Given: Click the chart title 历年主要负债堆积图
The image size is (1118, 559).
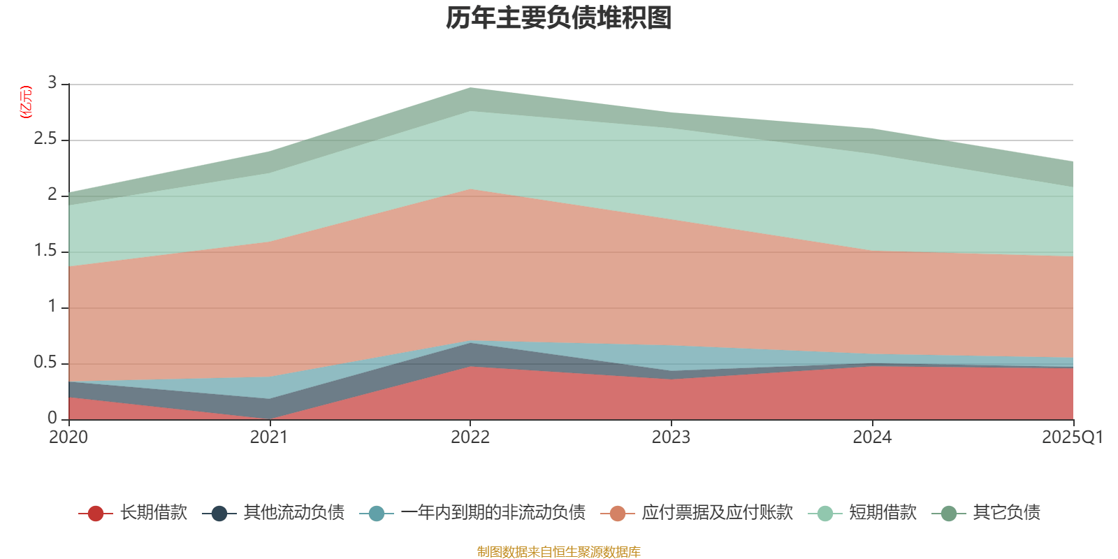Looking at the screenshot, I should [559, 18].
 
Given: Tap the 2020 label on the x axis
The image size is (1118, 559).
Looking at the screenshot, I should [68, 437].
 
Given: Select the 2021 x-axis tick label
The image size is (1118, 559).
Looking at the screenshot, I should [269, 437].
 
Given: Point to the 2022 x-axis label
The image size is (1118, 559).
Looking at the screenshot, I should [470, 437].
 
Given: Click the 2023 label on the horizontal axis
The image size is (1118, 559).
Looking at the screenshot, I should [671, 437].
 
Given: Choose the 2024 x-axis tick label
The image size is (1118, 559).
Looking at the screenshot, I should [872, 437].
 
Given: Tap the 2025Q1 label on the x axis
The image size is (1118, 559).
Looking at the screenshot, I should [1072, 437].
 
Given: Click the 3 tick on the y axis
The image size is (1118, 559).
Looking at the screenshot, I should [52, 83].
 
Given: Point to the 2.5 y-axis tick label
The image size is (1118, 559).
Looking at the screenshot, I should [46, 139].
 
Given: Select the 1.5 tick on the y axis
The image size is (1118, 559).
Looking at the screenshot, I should [46, 251].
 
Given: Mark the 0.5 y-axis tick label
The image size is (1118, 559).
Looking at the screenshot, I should [46, 363].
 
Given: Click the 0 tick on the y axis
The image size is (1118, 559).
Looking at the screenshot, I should [52, 419].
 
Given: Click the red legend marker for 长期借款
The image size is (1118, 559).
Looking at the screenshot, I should [96, 514].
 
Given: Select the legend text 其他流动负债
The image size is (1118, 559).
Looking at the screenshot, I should [293, 513].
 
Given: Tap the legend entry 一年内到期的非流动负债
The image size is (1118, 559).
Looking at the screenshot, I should [493, 513].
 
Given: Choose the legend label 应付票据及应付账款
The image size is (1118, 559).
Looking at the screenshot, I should [717, 513].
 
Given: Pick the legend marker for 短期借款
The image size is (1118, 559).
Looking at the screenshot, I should [825, 514].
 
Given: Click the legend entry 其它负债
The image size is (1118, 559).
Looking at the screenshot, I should [1006, 513].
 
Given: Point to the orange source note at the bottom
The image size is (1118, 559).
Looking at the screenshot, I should [558, 552].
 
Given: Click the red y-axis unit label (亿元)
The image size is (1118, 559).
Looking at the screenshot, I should [25, 102].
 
